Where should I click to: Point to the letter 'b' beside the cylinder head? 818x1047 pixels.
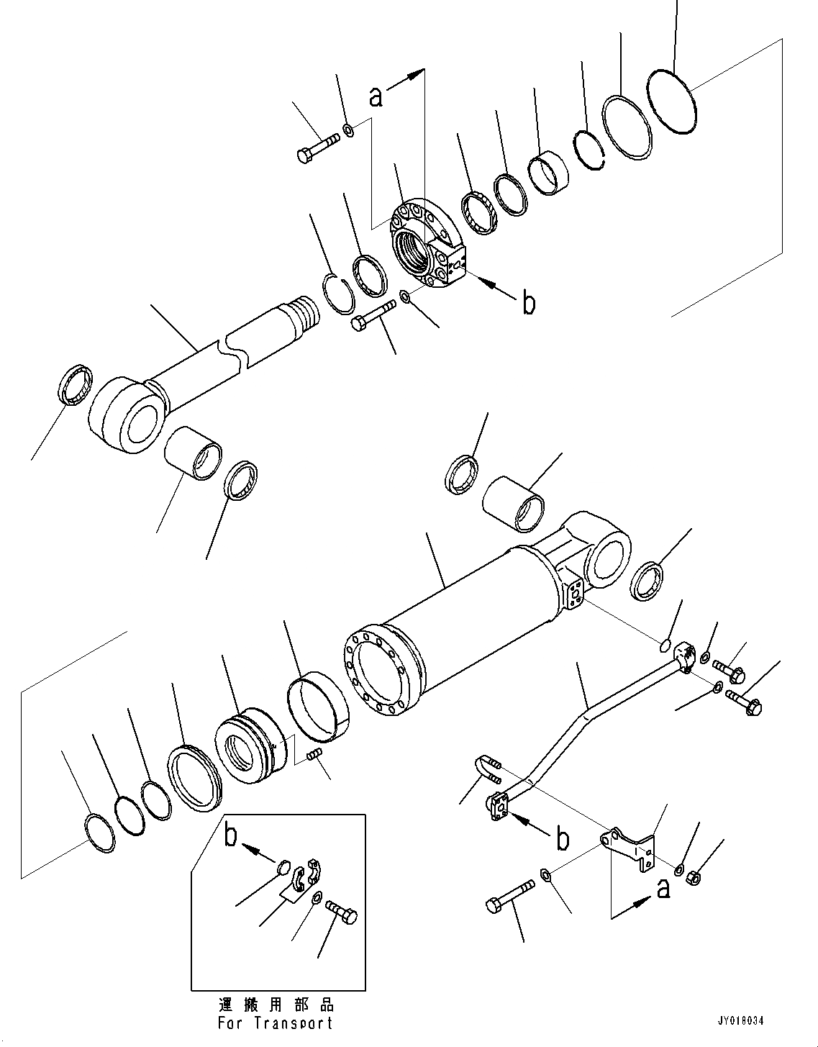[529, 304]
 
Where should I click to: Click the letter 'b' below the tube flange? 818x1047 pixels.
[563, 838]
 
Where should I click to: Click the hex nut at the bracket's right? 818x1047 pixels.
[694, 878]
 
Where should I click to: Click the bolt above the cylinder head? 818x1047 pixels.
[316, 148]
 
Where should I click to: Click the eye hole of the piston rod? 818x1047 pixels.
[139, 421]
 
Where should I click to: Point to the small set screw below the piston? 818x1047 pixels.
[314, 753]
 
